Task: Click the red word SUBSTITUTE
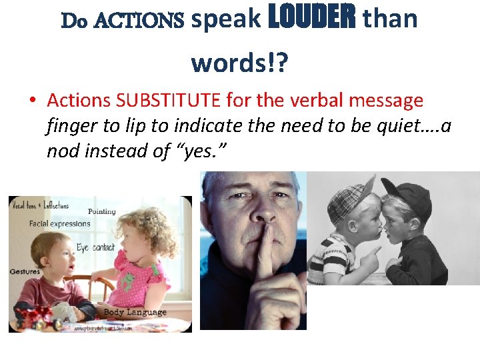(168, 101)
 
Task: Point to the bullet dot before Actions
(32, 101)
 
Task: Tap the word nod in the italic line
(61, 151)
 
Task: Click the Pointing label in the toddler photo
(101, 211)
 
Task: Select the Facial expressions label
(59, 223)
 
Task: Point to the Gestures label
(25, 271)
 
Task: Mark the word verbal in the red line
(324, 101)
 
